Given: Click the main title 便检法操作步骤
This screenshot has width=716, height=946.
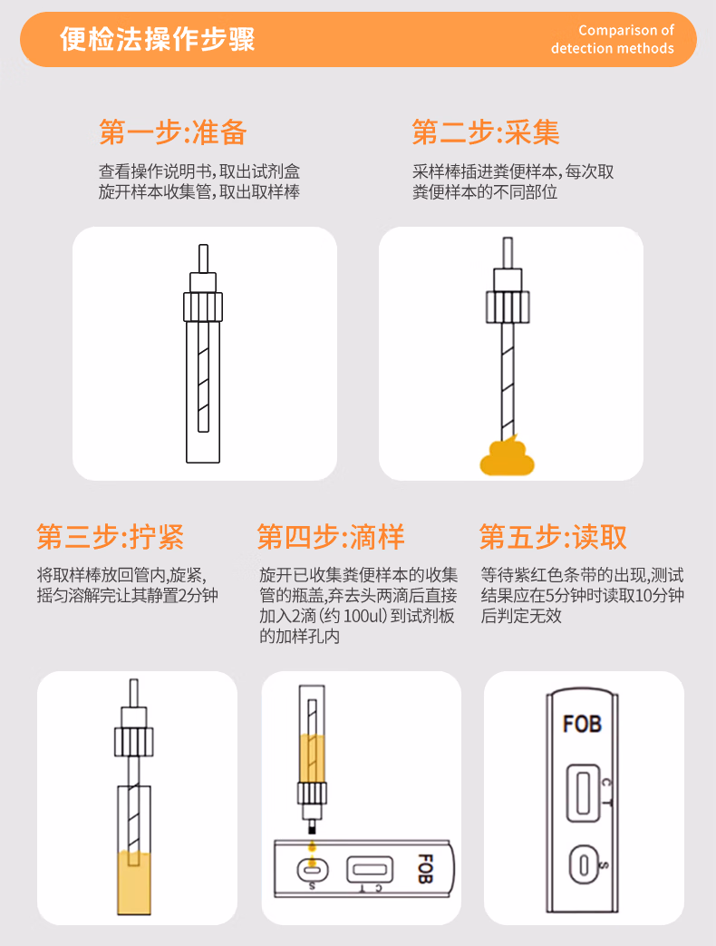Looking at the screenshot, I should point(158,40).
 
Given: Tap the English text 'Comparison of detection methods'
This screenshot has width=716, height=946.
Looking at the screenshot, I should point(613,40).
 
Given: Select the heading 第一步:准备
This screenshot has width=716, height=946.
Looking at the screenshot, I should point(172,132).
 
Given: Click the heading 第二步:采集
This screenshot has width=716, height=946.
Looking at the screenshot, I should point(486,132).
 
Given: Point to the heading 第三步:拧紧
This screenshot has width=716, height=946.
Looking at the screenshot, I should point(111,537).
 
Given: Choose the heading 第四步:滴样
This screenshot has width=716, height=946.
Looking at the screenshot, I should point(331,537).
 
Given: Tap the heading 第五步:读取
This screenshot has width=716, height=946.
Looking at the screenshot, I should point(553,537).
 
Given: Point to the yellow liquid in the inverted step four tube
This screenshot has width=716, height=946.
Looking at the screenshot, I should point(313,754).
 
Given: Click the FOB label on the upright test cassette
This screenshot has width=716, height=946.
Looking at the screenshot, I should point(582,724).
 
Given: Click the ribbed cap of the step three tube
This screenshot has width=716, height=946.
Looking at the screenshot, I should point(133,743).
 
